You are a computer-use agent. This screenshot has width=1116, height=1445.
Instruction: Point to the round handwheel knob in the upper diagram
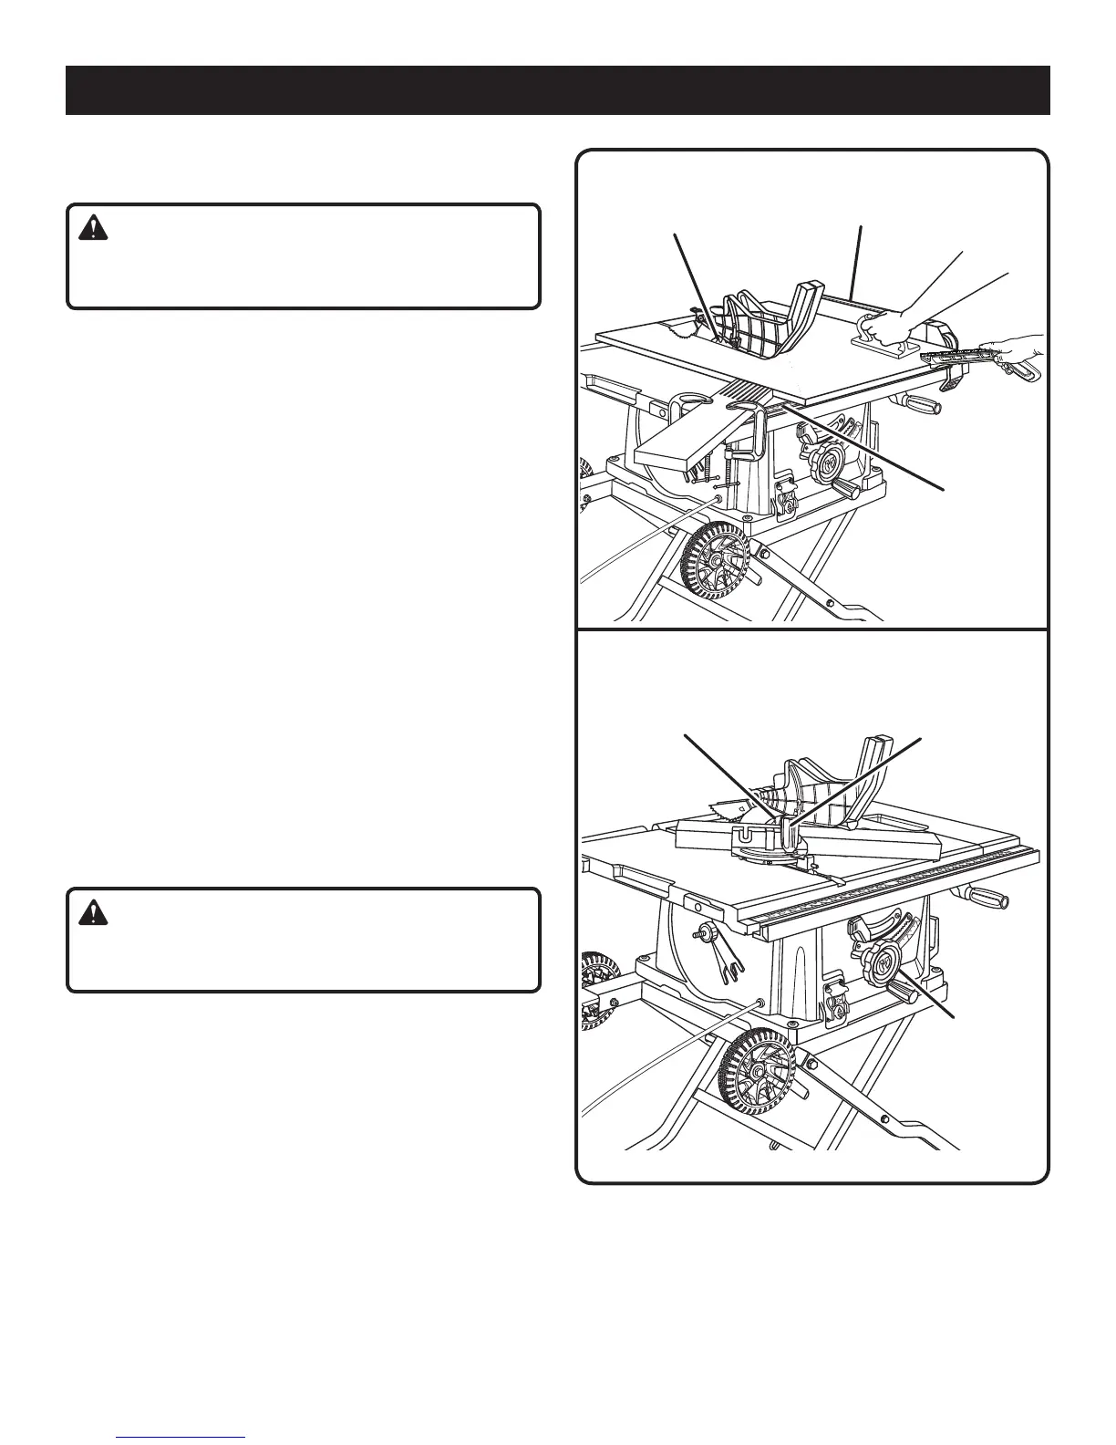(826, 464)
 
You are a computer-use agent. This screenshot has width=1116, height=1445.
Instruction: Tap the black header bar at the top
(557, 89)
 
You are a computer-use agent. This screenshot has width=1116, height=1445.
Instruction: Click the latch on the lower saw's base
(836, 1003)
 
